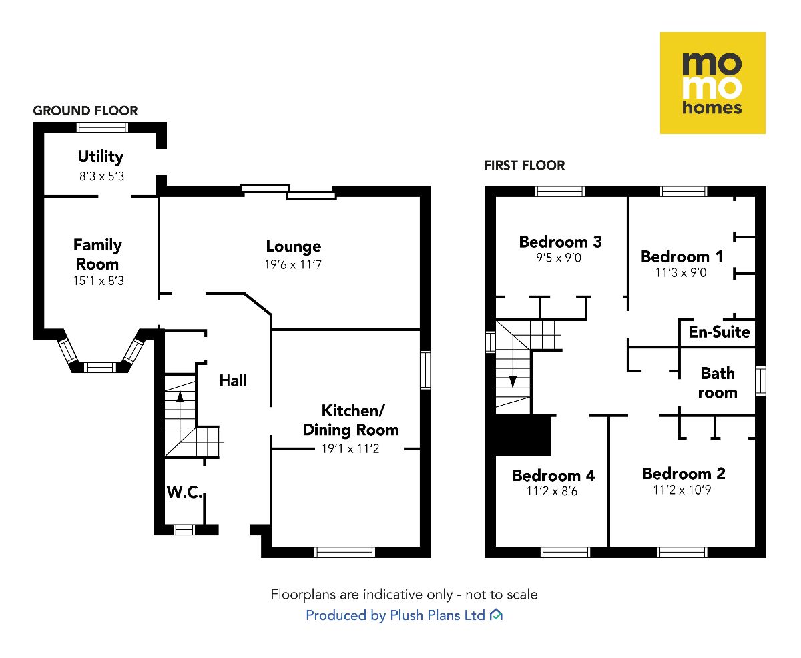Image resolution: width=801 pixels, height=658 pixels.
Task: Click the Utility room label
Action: tap(100, 157)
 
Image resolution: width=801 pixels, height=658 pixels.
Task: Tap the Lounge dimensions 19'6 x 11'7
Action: tap(294, 264)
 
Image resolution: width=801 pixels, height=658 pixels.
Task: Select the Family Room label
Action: tap(97, 254)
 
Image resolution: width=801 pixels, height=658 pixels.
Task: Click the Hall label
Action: tap(233, 380)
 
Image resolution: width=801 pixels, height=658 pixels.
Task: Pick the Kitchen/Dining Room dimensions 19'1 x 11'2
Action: tap(350, 449)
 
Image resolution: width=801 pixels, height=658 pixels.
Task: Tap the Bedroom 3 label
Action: tap(560, 242)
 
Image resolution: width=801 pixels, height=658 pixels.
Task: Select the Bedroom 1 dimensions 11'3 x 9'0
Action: tap(681, 272)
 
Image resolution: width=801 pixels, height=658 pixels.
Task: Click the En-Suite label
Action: tap(719, 332)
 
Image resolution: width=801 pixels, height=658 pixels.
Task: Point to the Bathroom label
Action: tap(718, 382)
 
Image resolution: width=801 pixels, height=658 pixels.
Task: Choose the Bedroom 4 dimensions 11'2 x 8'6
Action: tap(553, 492)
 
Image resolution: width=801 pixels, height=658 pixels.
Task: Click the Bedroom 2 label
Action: tap(684, 474)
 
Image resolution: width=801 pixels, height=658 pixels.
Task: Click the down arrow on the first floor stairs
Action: tap(513, 380)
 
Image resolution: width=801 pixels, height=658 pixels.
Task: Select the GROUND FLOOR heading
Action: tap(85, 111)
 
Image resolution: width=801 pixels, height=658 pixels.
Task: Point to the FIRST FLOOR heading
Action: tap(524, 165)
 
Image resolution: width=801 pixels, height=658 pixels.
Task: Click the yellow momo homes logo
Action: tap(712, 83)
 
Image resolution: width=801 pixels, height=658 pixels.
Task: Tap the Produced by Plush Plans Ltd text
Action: tap(395, 615)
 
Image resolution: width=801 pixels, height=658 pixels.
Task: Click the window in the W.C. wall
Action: tap(184, 530)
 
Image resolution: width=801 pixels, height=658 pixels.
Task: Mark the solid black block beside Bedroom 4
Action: tap(522, 434)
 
